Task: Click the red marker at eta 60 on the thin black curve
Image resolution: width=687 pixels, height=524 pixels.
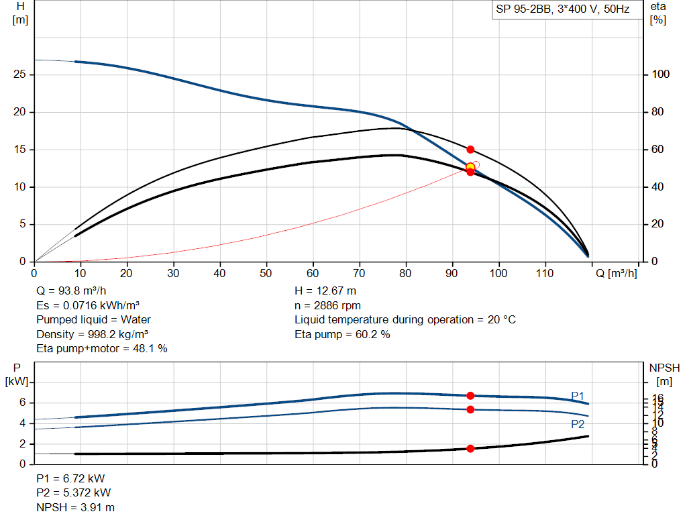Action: click(x=470, y=150)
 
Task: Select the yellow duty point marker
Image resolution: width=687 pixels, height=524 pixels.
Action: click(x=470, y=167)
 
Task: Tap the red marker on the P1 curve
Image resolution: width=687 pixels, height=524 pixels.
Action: click(x=470, y=396)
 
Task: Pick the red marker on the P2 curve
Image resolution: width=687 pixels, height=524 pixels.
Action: click(x=470, y=409)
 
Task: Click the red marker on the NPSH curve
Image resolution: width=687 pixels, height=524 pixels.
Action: click(x=470, y=448)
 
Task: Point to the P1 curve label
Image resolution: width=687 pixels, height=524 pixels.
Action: click(x=578, y=395)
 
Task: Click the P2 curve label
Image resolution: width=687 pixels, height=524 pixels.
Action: click(x=578, y=424)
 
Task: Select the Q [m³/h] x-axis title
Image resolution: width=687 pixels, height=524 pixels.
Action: click(x=617, y=274)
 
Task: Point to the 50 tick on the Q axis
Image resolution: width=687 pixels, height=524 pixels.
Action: click(x=266, y=274)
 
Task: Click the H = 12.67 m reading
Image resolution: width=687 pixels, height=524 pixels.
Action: click(x=325, y=291)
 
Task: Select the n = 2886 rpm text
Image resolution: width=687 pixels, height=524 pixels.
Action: click(x=327, y=305)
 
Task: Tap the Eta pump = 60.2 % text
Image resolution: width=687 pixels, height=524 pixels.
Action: click(x=342, y=334)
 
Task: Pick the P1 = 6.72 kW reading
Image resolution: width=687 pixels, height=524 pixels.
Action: click(x=70, y=478)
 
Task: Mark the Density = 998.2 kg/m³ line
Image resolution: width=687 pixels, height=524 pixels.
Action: click(x=93, y=334)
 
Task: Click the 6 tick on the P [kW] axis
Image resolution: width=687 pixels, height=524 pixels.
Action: click(x=22, y=403)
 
